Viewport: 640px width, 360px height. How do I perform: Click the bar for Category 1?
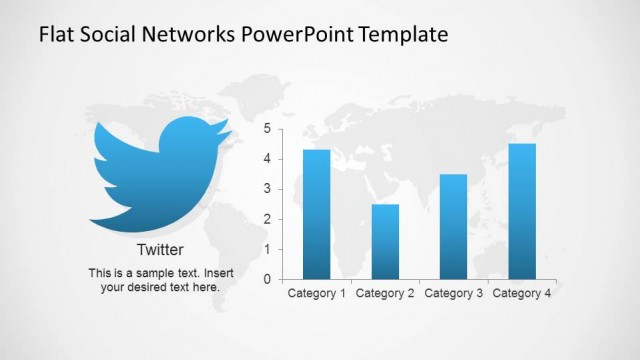coord(317,214)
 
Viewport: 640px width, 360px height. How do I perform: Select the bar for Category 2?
coord(385,241)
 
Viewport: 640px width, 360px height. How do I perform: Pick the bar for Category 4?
coord(522,211)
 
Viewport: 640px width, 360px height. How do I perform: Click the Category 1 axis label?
coord(317,293)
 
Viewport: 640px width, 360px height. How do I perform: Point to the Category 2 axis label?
coord(385,293)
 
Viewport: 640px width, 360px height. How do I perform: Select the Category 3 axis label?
coord(453,293)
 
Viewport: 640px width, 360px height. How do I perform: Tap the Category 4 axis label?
coord(522,293)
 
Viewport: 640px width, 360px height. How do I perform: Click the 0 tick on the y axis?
coord(267,279)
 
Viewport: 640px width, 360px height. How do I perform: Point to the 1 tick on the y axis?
coord(267,249)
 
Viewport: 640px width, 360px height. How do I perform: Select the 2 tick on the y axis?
coord(267,219)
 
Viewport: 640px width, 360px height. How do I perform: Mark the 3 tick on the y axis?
coord(267,189)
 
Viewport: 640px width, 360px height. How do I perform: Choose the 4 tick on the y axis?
coord(267,159)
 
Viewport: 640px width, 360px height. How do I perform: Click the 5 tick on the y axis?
coord(267,129)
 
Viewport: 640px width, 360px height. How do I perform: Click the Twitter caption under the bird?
coord(160,250)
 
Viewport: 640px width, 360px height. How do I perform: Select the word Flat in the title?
coord(56,35)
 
